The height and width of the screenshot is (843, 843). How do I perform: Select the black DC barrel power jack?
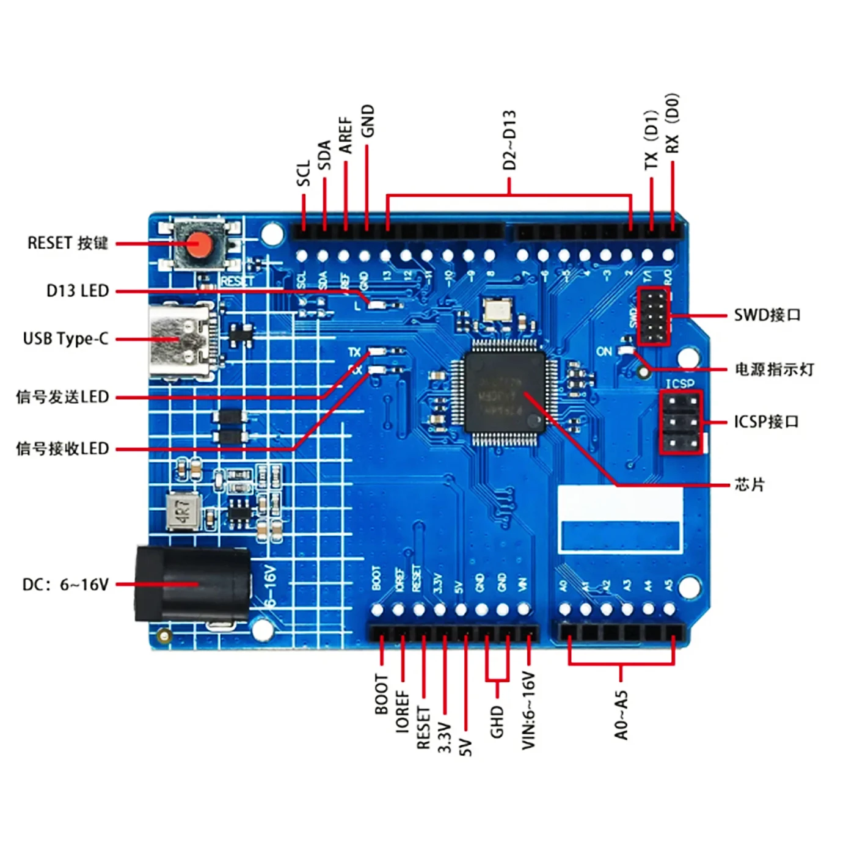tap(192, 585)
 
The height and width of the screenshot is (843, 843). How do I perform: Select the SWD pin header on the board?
tap(654, 316)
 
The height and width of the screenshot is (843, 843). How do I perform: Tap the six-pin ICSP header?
tap(681, 421)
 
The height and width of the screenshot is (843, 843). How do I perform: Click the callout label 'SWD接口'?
tap(767, 315)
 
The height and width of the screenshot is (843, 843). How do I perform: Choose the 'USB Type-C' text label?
tap(65, 339)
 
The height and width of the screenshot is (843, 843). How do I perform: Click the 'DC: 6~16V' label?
tap(65, 585)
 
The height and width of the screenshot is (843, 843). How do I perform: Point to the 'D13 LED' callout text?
tap(78, 291)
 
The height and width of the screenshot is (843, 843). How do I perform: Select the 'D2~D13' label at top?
tap(509, 140)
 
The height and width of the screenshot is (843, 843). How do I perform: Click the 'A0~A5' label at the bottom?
tap(621, 715)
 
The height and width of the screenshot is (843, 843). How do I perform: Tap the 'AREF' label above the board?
tap(346, 135)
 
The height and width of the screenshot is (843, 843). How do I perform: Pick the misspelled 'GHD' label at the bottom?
tap(497, 721)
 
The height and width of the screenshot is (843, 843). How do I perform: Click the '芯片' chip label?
tap(750, 485)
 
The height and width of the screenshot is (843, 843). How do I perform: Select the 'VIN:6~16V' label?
tap(528, 710)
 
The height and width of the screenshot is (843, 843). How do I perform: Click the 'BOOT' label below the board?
tap(381, 695)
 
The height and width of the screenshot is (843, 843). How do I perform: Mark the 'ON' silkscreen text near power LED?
tap(604, 351)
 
